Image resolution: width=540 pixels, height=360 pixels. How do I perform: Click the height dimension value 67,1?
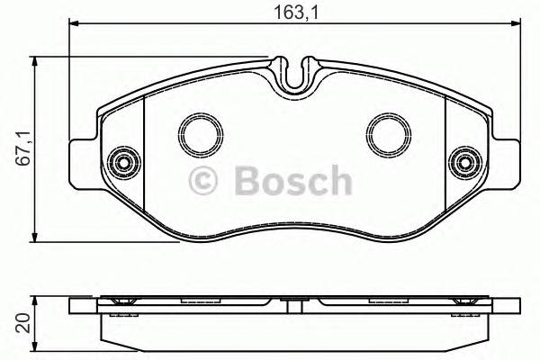pos(23,148)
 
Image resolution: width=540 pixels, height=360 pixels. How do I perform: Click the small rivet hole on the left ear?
pos(120,163)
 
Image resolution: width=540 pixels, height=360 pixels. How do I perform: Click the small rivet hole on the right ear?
pos(466,163)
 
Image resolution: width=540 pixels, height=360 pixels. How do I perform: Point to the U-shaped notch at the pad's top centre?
pos(293,74)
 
